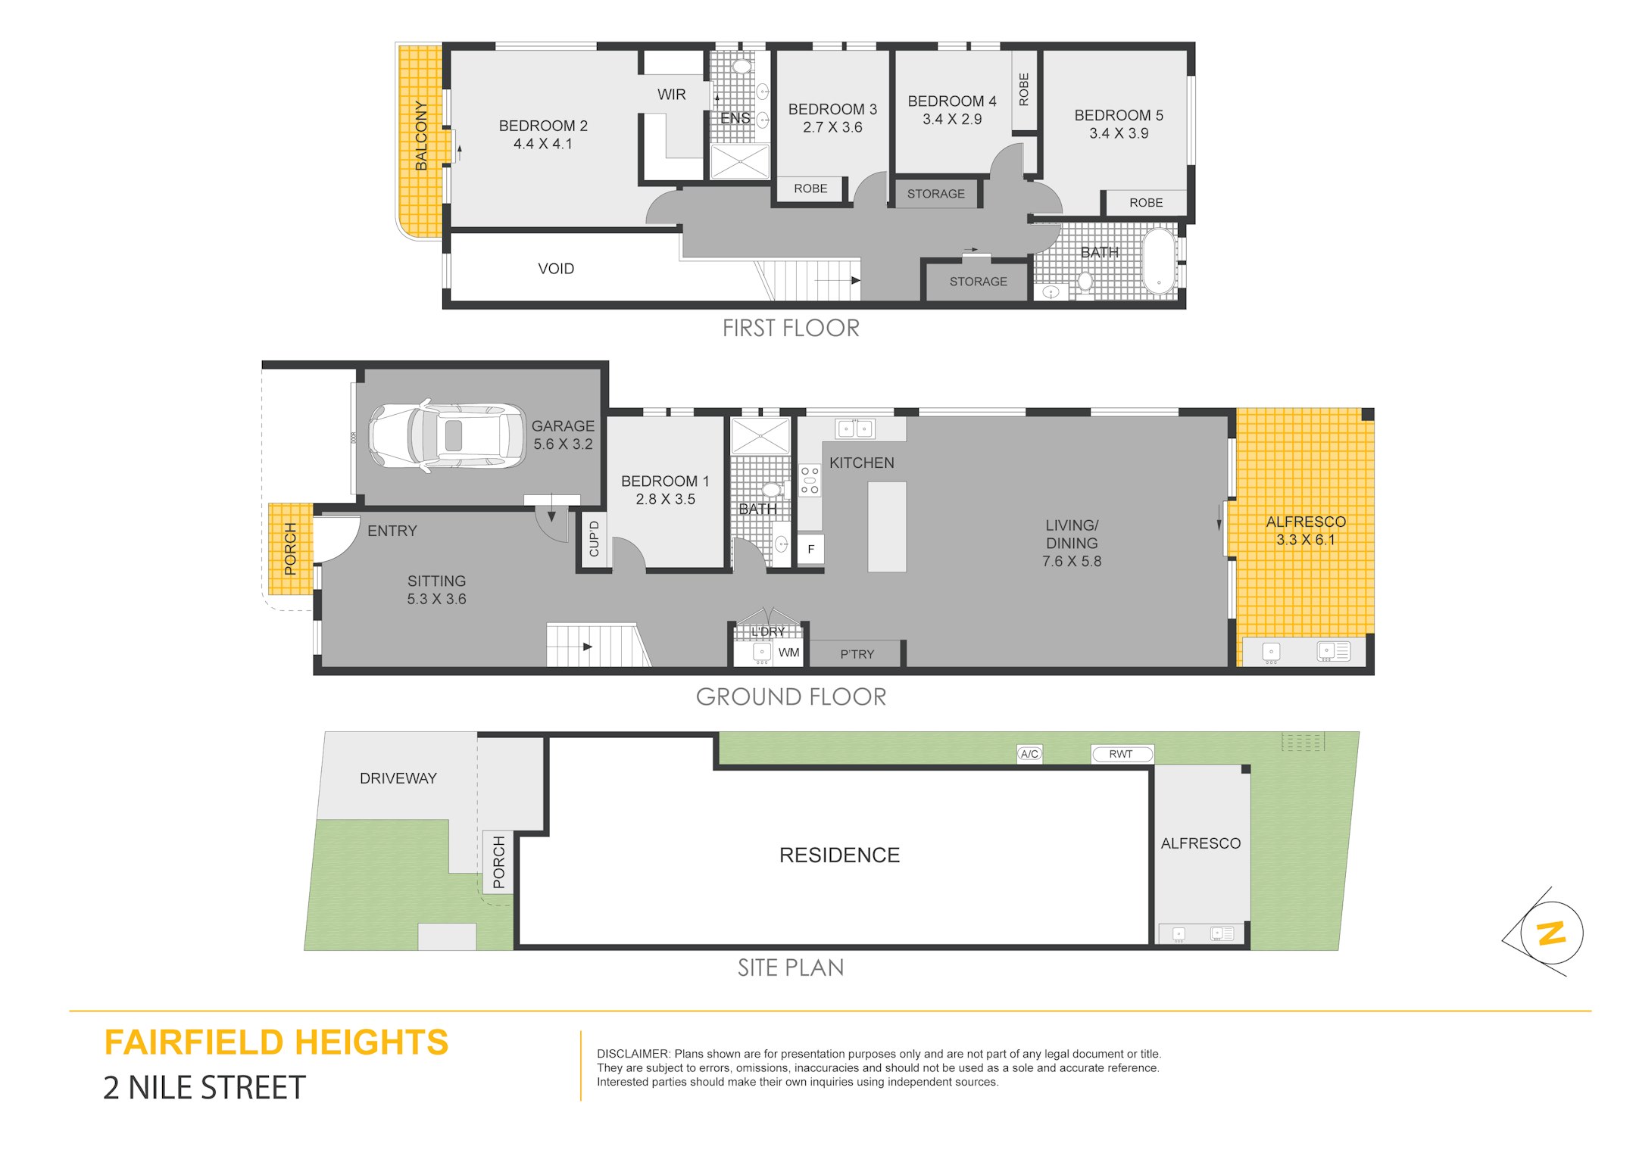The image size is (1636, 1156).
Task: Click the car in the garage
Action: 447,436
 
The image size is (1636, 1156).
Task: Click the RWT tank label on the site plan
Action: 1121,754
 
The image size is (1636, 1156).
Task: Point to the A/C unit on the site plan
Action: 1029,754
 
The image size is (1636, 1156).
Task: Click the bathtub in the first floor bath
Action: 1159,260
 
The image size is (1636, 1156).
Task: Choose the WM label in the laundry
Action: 788,653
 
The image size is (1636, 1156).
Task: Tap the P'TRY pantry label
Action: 857,654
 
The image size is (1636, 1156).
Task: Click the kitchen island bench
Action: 887,526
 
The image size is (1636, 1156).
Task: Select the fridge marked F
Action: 810,550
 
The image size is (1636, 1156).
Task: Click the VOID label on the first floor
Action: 556,269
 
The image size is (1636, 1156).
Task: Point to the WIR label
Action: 672,95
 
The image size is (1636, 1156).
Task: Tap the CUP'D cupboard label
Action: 594,539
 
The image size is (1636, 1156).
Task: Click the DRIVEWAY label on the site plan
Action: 398,778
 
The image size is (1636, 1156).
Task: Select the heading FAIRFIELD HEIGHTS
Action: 276,1042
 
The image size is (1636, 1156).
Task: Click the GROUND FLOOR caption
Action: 791,696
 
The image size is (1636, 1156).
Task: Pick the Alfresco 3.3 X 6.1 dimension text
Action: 1306,540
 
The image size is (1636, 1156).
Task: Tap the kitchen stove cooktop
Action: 810,481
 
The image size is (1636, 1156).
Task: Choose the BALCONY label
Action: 421,136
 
